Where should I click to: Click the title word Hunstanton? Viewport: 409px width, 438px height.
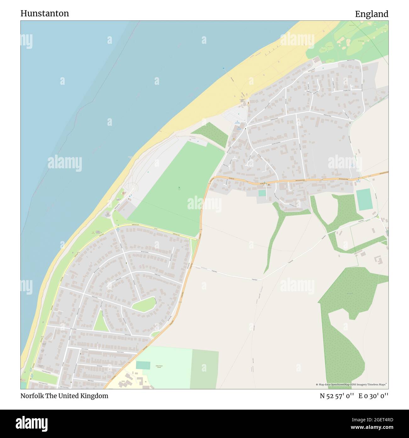coord(45,13)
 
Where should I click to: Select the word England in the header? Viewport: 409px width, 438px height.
coord(372,14)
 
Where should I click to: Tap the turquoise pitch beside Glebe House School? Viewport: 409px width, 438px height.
coord(143,365)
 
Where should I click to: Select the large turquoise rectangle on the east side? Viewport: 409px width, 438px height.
coord(365,200)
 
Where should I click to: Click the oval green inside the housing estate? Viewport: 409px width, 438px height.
coord(144,303)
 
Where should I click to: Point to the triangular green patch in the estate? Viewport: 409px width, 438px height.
coord(100,321)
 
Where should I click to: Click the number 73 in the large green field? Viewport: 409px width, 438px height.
coord(179,187)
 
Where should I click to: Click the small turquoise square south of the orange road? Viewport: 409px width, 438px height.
coord(262,193)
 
